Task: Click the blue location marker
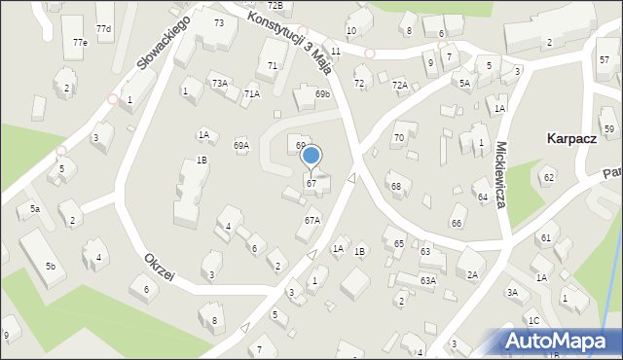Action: pos(311,155)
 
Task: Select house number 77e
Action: pos(80,43)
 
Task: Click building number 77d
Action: pos(103,29)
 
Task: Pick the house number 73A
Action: pos(220,84)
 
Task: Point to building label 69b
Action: pos(322,93)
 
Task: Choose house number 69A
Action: pos(240,145)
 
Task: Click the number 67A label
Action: pos(311,220)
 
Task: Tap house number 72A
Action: pos(400,86)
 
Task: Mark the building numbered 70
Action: pos(398,138)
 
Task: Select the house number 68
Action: pos(395,186)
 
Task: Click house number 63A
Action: pos(427,280)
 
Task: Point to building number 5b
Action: pos(50,266)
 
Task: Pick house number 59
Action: pos(609,128)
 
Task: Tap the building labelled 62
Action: pos(548,177)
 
